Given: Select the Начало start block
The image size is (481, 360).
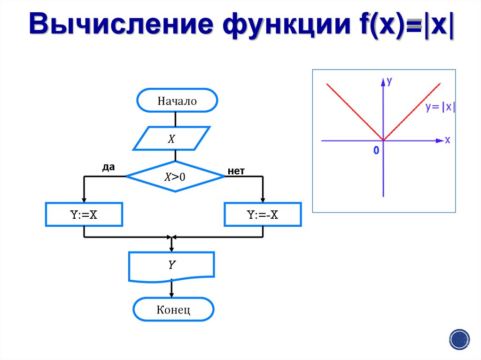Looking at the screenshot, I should click(x=177, y=101).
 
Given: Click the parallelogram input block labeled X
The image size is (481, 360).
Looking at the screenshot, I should click(x=171, y=138).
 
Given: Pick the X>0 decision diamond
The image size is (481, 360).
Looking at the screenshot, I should click(x=175, y=176).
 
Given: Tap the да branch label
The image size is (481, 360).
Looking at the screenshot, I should click(x=108, y=167).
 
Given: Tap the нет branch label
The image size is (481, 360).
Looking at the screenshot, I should click(x=236, y=171).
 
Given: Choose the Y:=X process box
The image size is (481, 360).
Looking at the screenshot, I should click(x=84, y=214).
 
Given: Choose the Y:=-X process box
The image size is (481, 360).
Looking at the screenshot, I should click(x=263, y=214).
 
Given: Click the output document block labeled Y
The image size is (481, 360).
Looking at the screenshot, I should click(x=171, y=266).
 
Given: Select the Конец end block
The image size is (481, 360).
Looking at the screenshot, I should click(x=173, y=310).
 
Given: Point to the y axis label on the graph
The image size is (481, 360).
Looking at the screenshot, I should click(x=389, y=81).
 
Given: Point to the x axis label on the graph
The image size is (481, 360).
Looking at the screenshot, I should click(x=447, y=140).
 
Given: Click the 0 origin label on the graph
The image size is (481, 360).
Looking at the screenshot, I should click(x=376, y=151).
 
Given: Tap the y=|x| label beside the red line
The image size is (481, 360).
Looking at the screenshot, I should click(x=440, y=107).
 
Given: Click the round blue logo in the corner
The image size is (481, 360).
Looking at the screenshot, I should click(x=459, y=339).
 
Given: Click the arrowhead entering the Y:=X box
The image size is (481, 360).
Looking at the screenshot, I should click(x=84, y=199).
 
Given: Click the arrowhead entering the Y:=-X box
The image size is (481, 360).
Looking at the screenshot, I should click(x=263, y=199).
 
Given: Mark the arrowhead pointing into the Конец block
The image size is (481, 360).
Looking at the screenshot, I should click(x=171, y=295).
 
